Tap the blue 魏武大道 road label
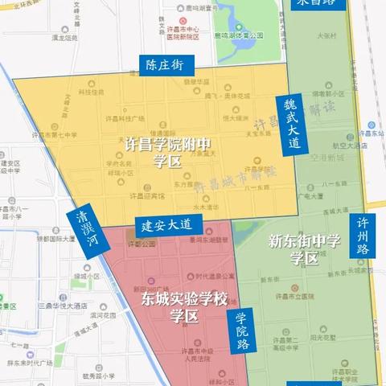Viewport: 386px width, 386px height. [291, 125]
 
